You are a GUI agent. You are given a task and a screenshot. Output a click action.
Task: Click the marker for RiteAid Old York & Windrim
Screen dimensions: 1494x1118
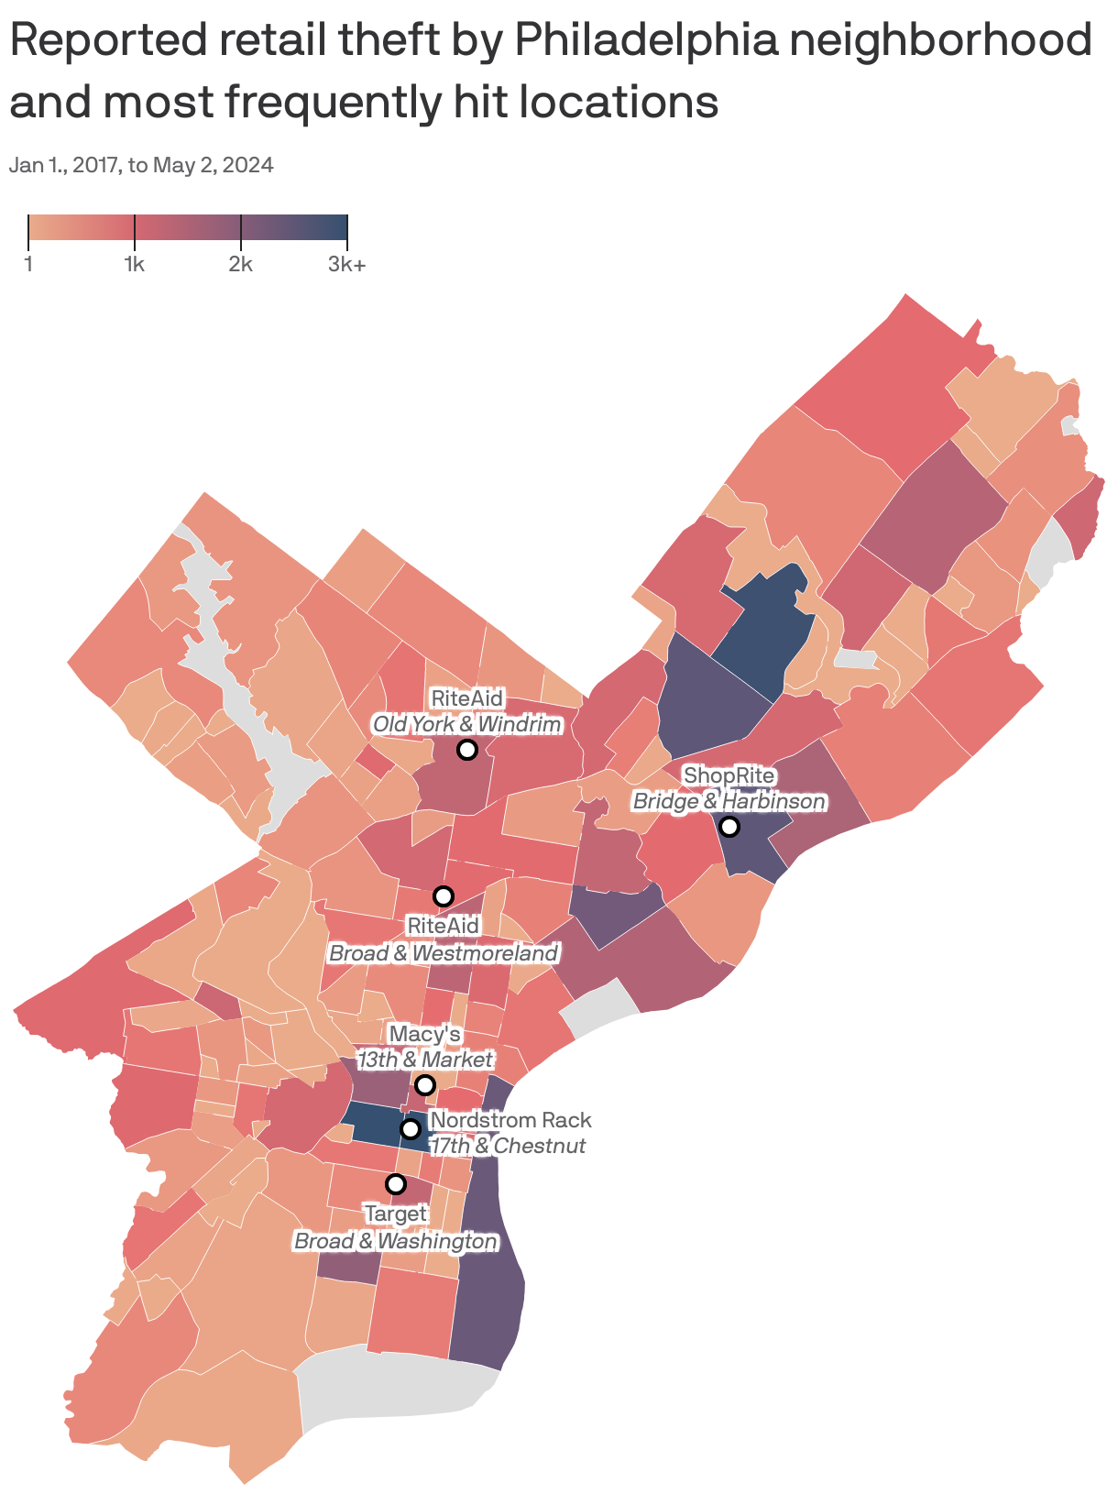(466, 750)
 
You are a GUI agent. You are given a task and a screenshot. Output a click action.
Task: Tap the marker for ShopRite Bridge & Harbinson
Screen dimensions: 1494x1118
(729, 827)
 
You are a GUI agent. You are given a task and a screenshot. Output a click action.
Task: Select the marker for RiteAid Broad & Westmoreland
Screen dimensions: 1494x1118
(444, 895)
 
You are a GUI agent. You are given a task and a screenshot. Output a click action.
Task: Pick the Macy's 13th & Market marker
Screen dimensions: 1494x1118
(424, 1085)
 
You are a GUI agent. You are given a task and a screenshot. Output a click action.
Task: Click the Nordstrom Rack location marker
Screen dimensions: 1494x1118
(411, 1128)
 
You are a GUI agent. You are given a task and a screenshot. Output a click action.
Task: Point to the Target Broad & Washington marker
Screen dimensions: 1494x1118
(395, 1184)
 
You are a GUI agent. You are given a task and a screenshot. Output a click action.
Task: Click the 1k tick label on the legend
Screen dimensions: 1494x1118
(135, 265)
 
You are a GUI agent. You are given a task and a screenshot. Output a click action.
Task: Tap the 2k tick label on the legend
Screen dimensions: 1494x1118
(240, 265)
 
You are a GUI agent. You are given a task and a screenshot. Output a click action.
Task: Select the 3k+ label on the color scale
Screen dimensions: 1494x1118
(347, 265)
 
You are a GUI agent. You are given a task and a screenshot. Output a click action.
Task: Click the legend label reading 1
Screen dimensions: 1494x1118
(28, 265)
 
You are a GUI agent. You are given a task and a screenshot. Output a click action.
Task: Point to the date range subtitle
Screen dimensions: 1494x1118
(142, 165)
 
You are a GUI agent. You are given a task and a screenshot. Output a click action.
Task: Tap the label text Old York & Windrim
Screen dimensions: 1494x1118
(466, 725)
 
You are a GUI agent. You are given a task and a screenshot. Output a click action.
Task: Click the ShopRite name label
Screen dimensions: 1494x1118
(729, 775)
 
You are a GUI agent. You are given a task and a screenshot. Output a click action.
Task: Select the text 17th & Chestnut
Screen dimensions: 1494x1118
(508, 1146)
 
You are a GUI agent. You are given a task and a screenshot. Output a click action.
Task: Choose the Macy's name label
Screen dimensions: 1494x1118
(424, 1034)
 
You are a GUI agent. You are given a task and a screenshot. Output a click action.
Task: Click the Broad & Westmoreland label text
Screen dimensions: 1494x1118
(444, 953)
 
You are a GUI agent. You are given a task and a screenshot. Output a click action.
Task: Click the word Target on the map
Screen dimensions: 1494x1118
(395, 1214)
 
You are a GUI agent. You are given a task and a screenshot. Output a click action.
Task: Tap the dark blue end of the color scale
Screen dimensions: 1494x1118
(335, 226)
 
